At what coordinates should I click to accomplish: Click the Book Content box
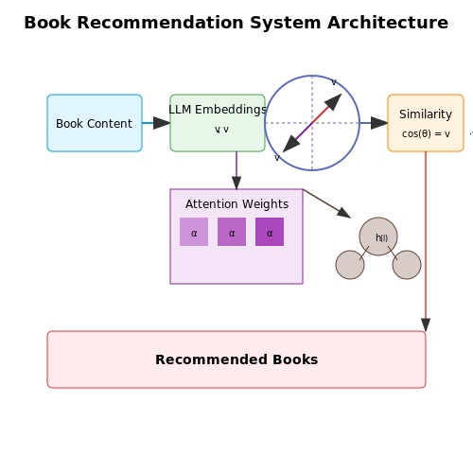point(95,123)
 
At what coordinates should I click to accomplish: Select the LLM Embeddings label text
point(218,110)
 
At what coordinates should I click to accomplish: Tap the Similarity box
point(426,123)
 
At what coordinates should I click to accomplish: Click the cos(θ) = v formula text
point(426,133)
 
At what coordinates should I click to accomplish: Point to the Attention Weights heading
point(236,204)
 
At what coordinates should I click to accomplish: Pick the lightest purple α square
point(194,232)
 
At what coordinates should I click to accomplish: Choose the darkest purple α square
point(270,232)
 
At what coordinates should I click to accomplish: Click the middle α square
point(232,232)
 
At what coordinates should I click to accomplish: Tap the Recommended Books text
point(236,359)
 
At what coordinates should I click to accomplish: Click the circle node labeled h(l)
point(378,236)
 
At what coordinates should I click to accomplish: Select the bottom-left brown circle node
point(350,265)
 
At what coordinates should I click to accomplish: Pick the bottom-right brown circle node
point(407,265)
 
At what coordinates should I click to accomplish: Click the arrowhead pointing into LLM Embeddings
point(162,123)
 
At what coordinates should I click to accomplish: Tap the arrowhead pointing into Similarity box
point(379,123)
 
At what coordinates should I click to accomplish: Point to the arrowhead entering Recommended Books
point(426,324)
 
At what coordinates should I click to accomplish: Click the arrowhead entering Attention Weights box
point(236,183)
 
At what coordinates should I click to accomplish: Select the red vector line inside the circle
point(321,114)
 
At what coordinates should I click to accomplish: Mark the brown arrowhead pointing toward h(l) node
point(344,213)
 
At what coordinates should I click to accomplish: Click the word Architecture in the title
point(388,23)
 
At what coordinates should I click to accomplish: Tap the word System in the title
point(286,23)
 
